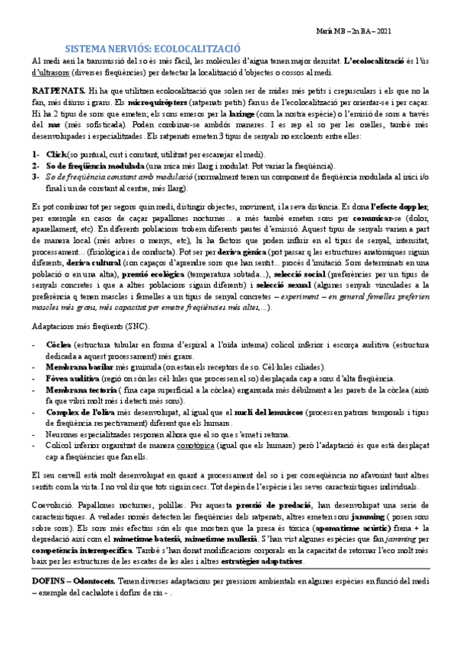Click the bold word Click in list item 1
(59, 154)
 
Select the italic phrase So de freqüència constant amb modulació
(119, 176)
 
